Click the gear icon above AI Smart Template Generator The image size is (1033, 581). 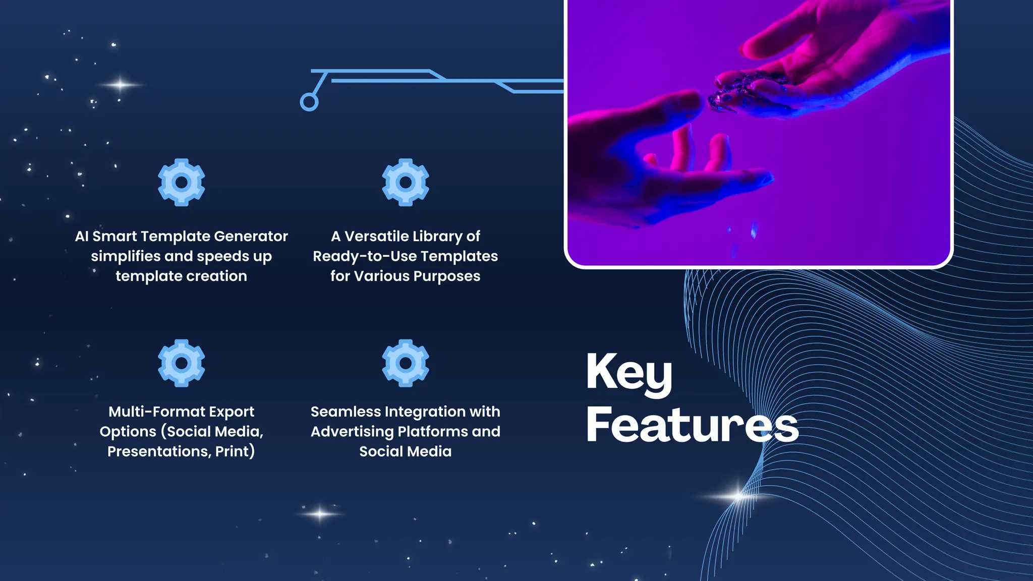pos(182,182)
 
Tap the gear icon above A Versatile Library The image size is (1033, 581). pos(406,182)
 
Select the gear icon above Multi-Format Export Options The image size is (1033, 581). pos(182,363)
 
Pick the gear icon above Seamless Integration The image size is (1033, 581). pos(406,363)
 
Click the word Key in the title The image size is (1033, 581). pos(629,373)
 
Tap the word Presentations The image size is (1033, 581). pos(159,451)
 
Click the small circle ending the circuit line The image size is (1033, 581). pos(309,102)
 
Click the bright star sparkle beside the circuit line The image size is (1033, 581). pos(120,85)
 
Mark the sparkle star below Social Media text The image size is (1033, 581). pos(320,514)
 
